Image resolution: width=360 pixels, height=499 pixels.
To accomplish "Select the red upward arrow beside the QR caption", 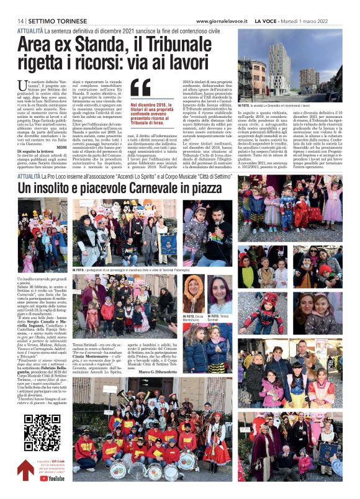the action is (x=24, y=470).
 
